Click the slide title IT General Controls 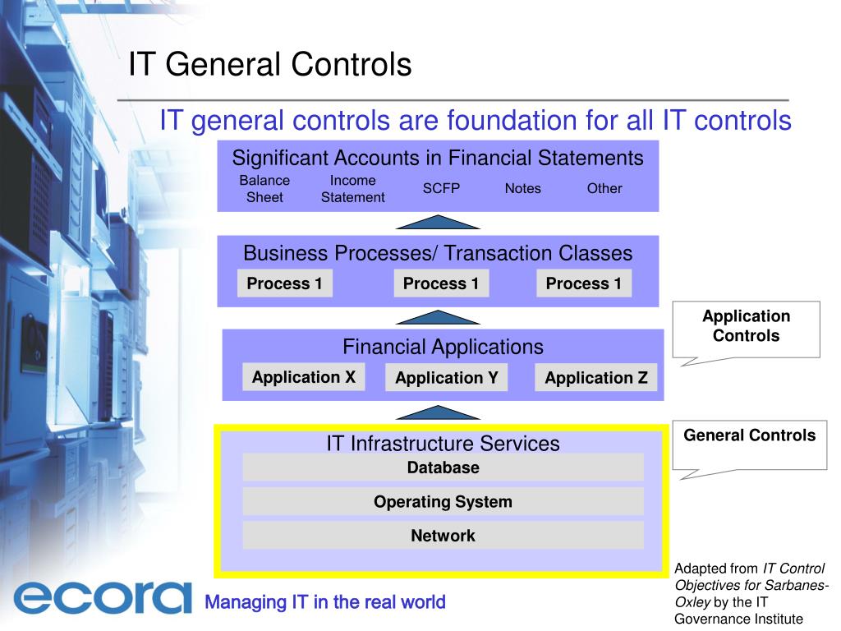[269, 64]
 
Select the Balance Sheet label [264, 188]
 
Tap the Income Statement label [352, 188]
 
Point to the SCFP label [441, 188]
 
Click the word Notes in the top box [522, 188]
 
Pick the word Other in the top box [604, 188]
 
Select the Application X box [303, 377]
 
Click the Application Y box [446, 378]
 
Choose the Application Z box [595, 378]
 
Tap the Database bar [443, 467]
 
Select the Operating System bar [443, 501]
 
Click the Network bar [443, 536]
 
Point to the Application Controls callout [746, 326]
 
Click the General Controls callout [749, 436]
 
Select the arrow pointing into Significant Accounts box [438, 222]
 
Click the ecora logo [102, 597]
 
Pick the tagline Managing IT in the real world [324, 602]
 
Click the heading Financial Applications [443, 347]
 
